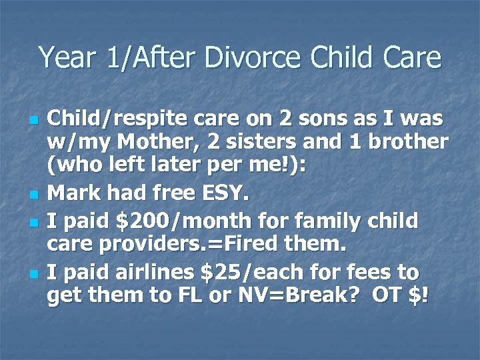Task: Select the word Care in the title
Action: pos(413,57)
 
